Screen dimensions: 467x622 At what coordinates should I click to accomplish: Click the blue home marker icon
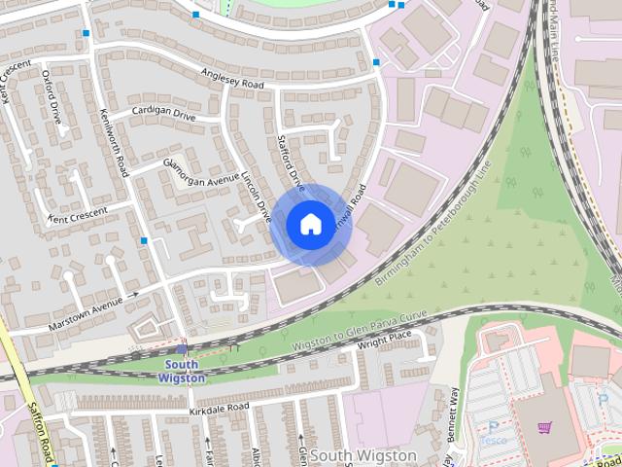tap(309, 225)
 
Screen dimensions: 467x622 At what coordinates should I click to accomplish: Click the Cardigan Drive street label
tap(163, 114)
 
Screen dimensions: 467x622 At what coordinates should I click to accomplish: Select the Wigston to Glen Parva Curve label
tap(360, 330)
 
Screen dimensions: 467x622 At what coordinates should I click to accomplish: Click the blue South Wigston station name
tap(183, 372)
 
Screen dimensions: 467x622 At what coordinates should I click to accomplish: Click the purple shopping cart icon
tap(545, 427)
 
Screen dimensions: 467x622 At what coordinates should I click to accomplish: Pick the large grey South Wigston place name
tap(364, 455)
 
